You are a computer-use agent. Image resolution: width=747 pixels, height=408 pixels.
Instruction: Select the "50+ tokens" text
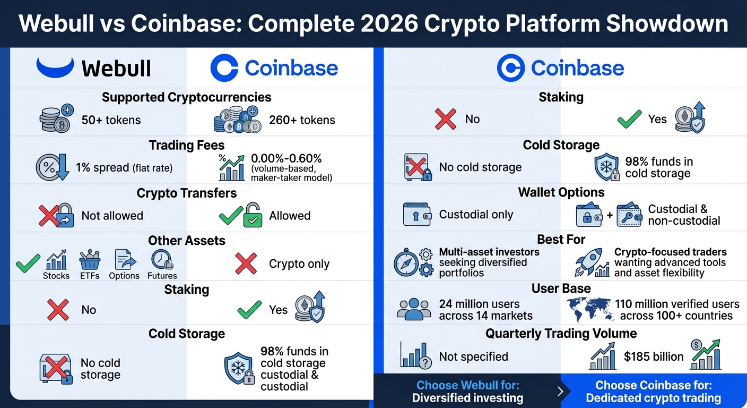[111, 120]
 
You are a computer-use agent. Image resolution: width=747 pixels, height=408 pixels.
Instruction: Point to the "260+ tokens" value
[302, 120]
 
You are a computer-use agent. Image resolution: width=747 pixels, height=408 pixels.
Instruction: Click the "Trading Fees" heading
[187, 145]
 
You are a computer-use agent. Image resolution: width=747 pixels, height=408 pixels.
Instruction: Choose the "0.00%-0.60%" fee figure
[286, 158]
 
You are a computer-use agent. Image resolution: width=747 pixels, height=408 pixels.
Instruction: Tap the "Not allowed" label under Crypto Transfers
[112, 216]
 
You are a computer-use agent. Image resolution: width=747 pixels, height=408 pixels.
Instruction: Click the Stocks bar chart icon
[56, 260]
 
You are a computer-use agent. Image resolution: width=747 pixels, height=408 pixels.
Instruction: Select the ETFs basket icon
[90, 260]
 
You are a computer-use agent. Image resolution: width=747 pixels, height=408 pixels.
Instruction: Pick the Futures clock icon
[161, 260]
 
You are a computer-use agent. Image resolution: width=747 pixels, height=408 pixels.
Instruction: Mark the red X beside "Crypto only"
[246, 263]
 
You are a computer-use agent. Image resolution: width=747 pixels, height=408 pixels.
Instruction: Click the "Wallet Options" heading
[561, 192]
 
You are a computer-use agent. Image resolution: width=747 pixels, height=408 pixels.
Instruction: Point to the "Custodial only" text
[476, 215]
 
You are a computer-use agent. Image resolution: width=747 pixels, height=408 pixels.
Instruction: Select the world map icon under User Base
[588, 310]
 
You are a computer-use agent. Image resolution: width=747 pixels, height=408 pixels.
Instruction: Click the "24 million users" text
[480, 304]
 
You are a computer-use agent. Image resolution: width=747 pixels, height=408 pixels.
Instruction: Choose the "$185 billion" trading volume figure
[654, 357]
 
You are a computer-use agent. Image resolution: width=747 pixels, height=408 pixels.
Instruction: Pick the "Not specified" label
[473, 357]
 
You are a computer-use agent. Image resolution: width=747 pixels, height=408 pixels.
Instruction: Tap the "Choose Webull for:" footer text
[467, 385]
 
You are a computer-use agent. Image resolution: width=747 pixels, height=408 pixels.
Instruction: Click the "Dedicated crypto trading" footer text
[653, 398]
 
